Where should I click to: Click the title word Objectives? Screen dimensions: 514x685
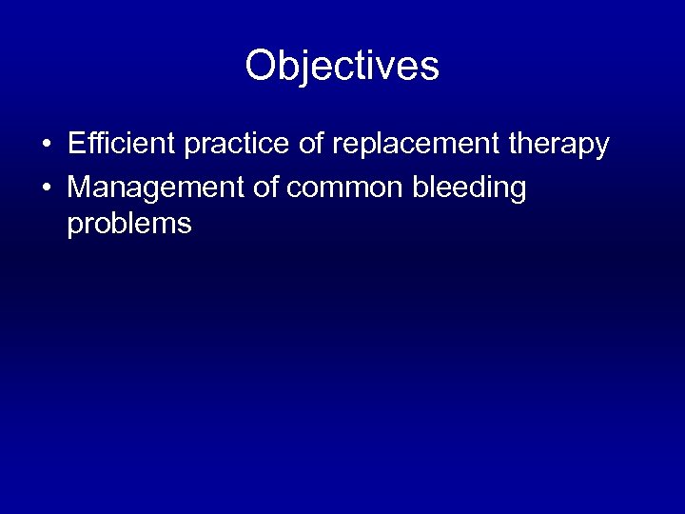pos(342,67)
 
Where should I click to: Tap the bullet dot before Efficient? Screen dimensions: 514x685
pos(46,146)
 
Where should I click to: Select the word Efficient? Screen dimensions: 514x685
pos(122,145)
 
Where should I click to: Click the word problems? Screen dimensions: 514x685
pos(129,225)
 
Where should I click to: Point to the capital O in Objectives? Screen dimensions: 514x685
pos(261,67)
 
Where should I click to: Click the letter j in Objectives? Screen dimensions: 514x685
pos(303,69)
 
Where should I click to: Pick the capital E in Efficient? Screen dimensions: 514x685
pos(76,145)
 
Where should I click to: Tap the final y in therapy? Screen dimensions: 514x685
pos(601,148)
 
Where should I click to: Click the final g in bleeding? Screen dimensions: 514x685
pos(516,191)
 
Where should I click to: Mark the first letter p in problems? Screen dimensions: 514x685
pos(75,227)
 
